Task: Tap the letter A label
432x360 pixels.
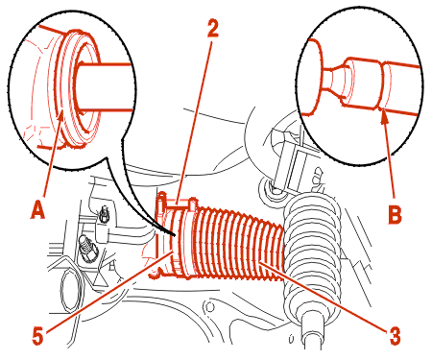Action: (37, 208)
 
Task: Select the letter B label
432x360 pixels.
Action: (395, 214)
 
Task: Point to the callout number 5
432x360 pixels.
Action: (37, 335)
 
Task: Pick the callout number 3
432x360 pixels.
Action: (395, 335)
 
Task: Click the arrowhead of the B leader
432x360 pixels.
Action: (384, 116)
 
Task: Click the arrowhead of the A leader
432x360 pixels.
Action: (60, 116)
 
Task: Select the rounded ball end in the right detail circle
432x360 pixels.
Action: (311, 77)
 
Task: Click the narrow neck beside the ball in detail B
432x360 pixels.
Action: (334, 80)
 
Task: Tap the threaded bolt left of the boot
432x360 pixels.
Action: (87, 248)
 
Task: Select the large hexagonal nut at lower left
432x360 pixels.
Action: (70, 291)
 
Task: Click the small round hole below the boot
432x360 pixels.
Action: (209, 307)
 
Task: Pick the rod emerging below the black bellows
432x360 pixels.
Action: (313, 336)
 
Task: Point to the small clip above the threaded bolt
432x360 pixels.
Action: (104, 215)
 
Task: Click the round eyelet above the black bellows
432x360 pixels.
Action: (270, 189)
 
